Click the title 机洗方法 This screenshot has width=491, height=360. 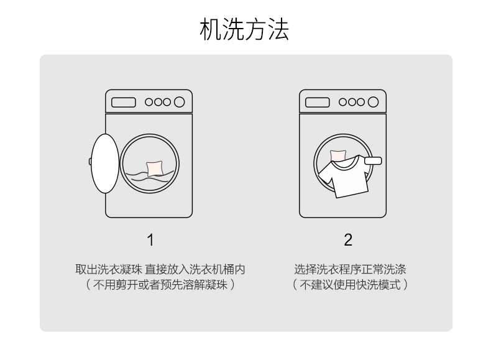click(x=244, y=29)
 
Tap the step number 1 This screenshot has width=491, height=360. click(x=150, y=240)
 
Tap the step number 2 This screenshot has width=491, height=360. click(x=348, y=240)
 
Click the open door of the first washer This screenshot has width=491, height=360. click(x=105, y=164)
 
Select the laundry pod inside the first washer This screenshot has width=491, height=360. click(x=155, y=168)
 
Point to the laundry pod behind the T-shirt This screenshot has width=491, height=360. click(x=338, y=155)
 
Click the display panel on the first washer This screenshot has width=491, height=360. click(x=124, y=103)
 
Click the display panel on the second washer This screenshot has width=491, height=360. click(x=317, y=103)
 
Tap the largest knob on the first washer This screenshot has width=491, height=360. click(x=179, y=102)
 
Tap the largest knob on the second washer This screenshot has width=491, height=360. click(x=373, y=102)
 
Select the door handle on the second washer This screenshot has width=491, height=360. click(x=373, y=161)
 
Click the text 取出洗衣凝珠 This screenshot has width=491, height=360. click(x=109, y=269)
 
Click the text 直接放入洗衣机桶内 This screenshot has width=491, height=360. click(x=195, y=269)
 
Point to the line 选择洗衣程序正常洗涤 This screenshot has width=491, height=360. click(x=350, y=269)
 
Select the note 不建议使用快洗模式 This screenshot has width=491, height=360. click(x=350, y=285)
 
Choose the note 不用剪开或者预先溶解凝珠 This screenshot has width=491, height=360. click(x=160, y=285)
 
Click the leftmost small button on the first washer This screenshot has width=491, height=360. click(x=149, y=102)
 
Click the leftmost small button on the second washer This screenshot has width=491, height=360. click(x=343, y=102)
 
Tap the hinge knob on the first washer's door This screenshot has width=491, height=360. click(x=90, y=162)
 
